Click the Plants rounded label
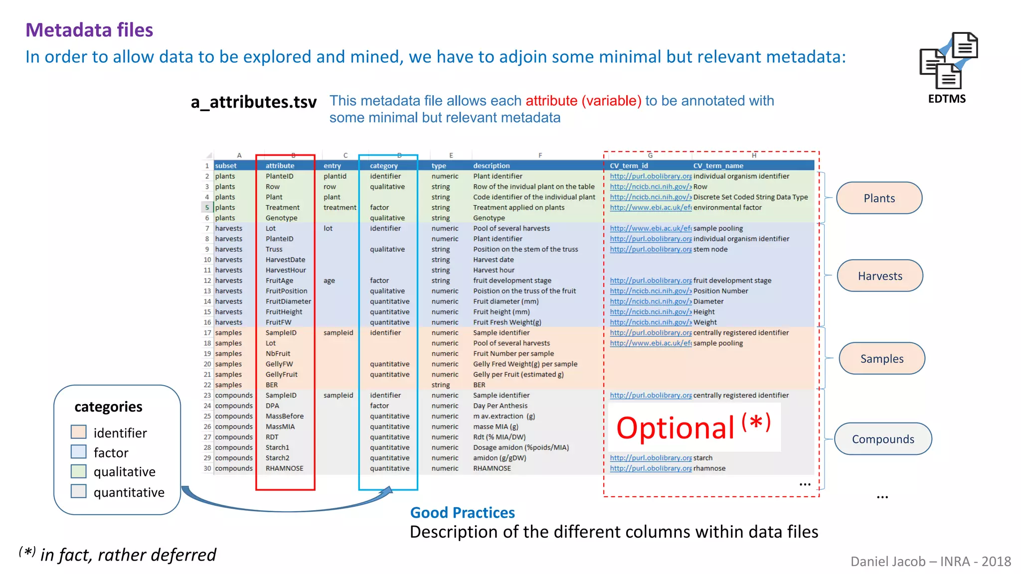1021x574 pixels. coord(879,198)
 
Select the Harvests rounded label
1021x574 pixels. coord(880,276)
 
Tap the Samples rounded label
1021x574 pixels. coord(881,359)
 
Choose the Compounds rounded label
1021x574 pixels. coord(883,439)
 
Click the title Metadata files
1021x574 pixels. coord(89,30)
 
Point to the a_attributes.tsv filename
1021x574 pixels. coord(253,102)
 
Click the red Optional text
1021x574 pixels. coord(676,428)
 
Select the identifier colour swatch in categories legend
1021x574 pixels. coord(79,432)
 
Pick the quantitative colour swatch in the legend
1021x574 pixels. coord(79,491)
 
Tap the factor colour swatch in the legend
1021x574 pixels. coord(79,452)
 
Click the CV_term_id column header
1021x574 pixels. coord(629,166)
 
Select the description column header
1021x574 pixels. coord(491,166)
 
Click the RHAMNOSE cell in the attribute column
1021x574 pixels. coord(284,468)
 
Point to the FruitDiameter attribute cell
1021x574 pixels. coord(288,301)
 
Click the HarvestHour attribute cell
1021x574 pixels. coord(286,270)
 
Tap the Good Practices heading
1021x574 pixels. coord(462,513)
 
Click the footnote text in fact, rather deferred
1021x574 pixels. coord(128,555)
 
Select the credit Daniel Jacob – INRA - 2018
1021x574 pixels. coord(930,562)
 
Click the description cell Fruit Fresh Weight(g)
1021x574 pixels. coord(507,322)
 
